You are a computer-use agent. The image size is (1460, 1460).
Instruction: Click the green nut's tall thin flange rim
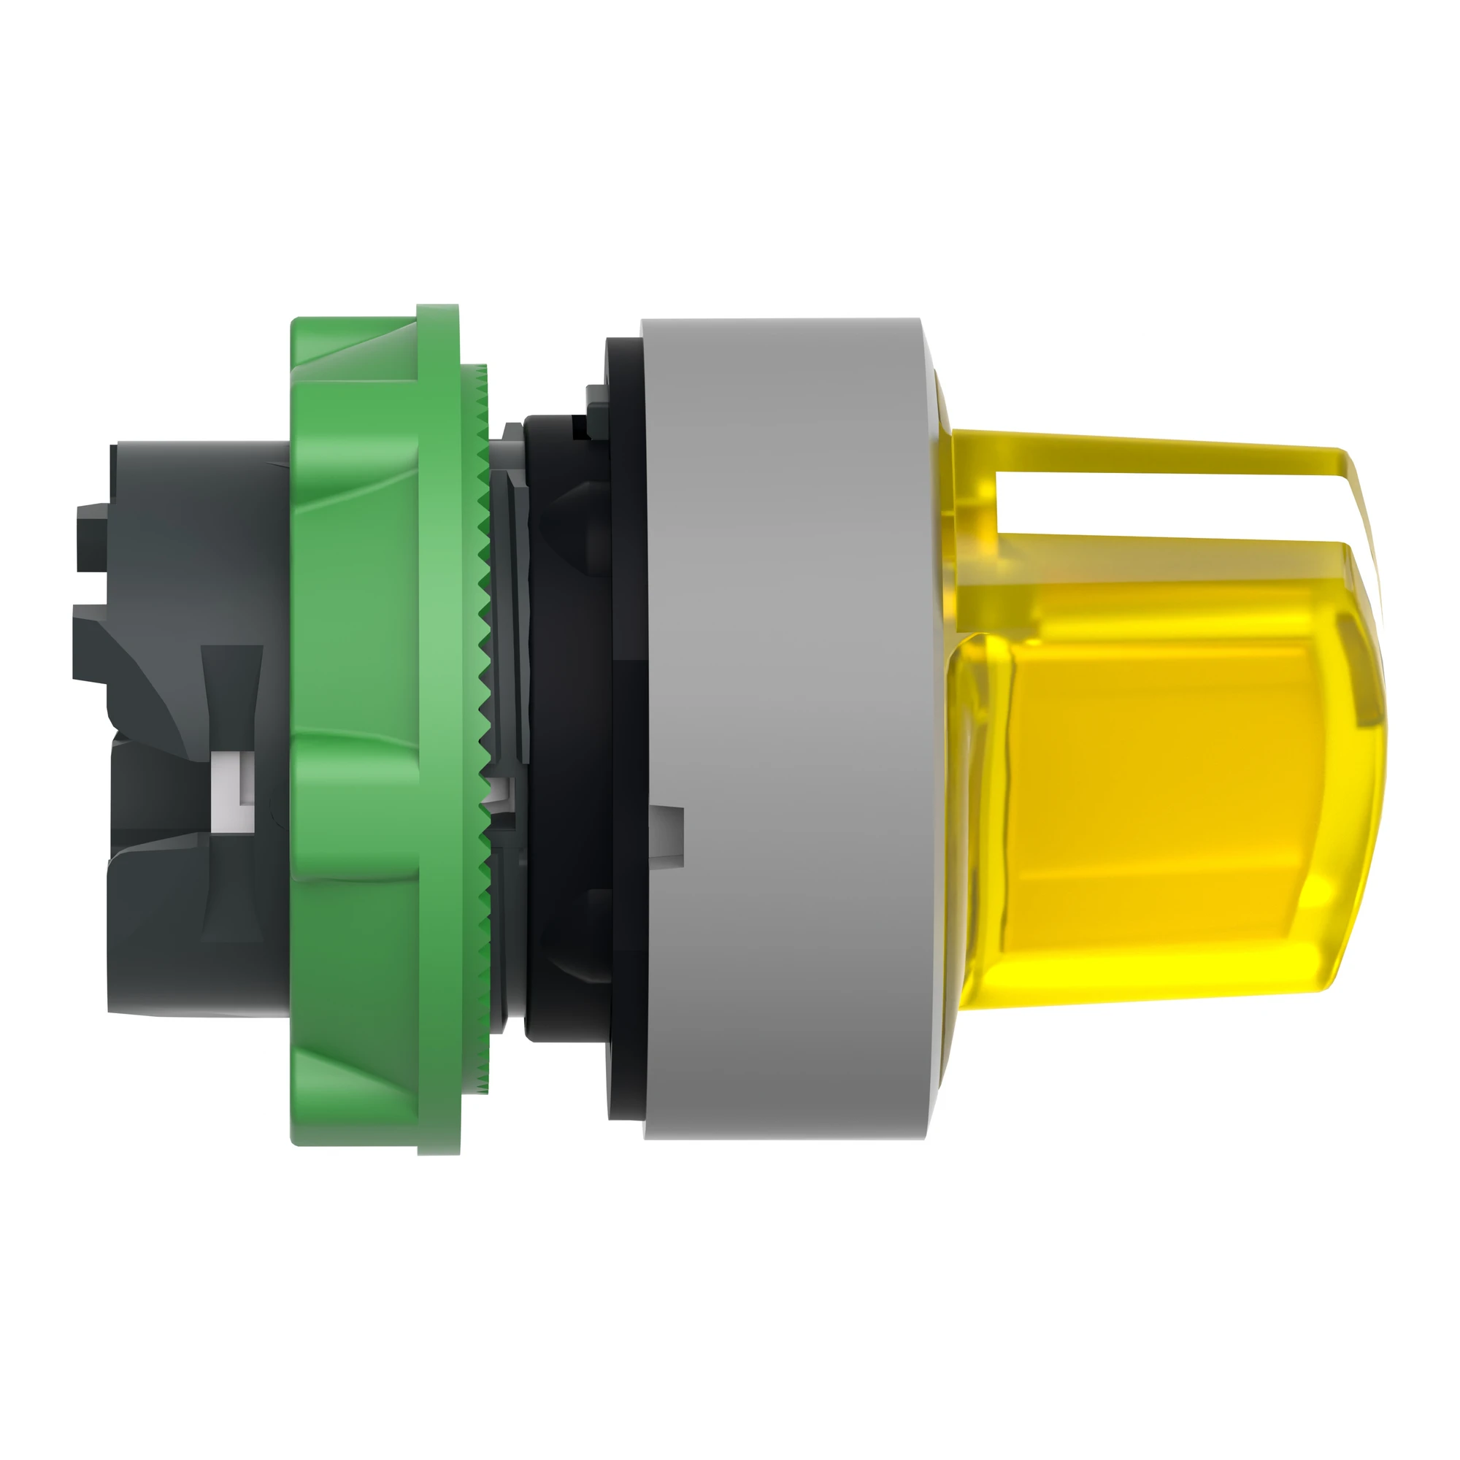pos(438,726)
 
